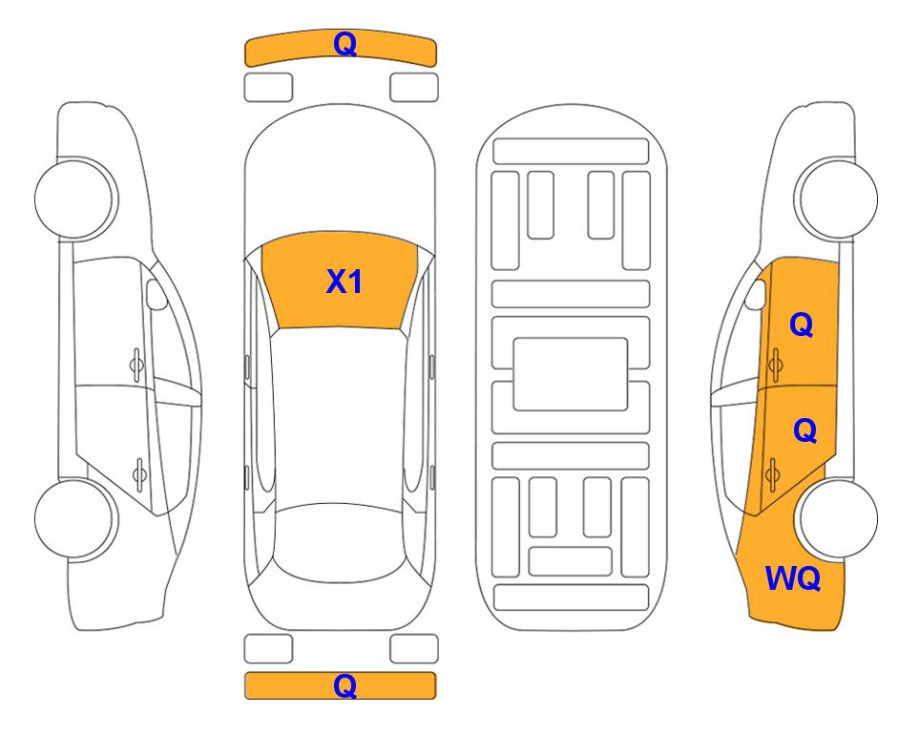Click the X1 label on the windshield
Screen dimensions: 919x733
pyautogui.click(x=345, y=282)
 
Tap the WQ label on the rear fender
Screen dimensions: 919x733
pyautogui.click(x=793, y=578)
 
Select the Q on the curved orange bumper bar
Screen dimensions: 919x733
pyautogui.click(x=345, y=44)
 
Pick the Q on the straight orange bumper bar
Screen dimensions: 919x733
pyautogui.click(x=345, y=685)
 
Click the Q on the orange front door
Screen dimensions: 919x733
pyautogui.click(x=802, y=325)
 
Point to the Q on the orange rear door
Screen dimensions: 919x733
pyautogui.click(x=804, y=431)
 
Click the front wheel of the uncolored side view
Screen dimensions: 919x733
pyautogui.click(x=76, y=199)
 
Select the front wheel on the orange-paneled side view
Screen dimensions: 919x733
pyautogui.click(x=836, y=199)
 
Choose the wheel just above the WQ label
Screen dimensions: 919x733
pyautogui.click(x=837, y=518)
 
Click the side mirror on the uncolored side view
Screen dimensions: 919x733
pyautogui.click(x=156, y=294)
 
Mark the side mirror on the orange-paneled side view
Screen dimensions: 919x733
pyautogui.click(x=756, y=294)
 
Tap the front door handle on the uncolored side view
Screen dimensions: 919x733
pyautogui.click(x=136, y=365)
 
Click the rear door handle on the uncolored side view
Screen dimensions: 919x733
pyautogui.click(x=139, y=473)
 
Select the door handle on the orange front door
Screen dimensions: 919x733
pyautogui.click(x=776, y=365)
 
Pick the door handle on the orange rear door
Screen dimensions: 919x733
pyautogui.click(x=772, y=474)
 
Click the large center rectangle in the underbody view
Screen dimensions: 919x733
pyautogui.click(x=571, y=374)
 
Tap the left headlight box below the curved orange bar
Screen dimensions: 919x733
pyautogui.click(x=268, y=88)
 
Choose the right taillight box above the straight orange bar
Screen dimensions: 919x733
pyautogui.click(x=414, y=649)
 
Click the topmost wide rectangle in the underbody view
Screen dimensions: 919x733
pyautogui.click(x=571, y=152)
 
